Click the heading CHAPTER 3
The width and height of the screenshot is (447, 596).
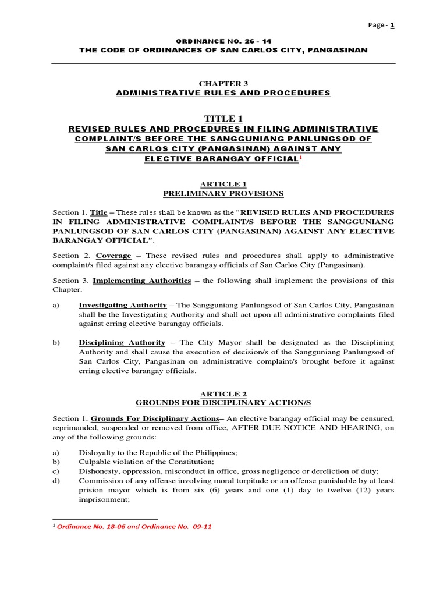click(223, 84)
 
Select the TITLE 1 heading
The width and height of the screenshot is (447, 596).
click(223, 119)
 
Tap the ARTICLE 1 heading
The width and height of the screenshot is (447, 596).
click(223, 184)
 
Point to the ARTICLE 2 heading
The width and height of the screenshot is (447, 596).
click(223, 393)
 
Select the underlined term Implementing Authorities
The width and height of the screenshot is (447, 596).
click(142, 281)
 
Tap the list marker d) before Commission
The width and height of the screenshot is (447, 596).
click(56, 481)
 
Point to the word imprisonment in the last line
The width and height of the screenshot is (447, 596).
click(104, 499)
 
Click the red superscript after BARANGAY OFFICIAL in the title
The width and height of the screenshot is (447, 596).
click(300, 158)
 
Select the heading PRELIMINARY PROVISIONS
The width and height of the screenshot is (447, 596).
click(223, 193)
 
